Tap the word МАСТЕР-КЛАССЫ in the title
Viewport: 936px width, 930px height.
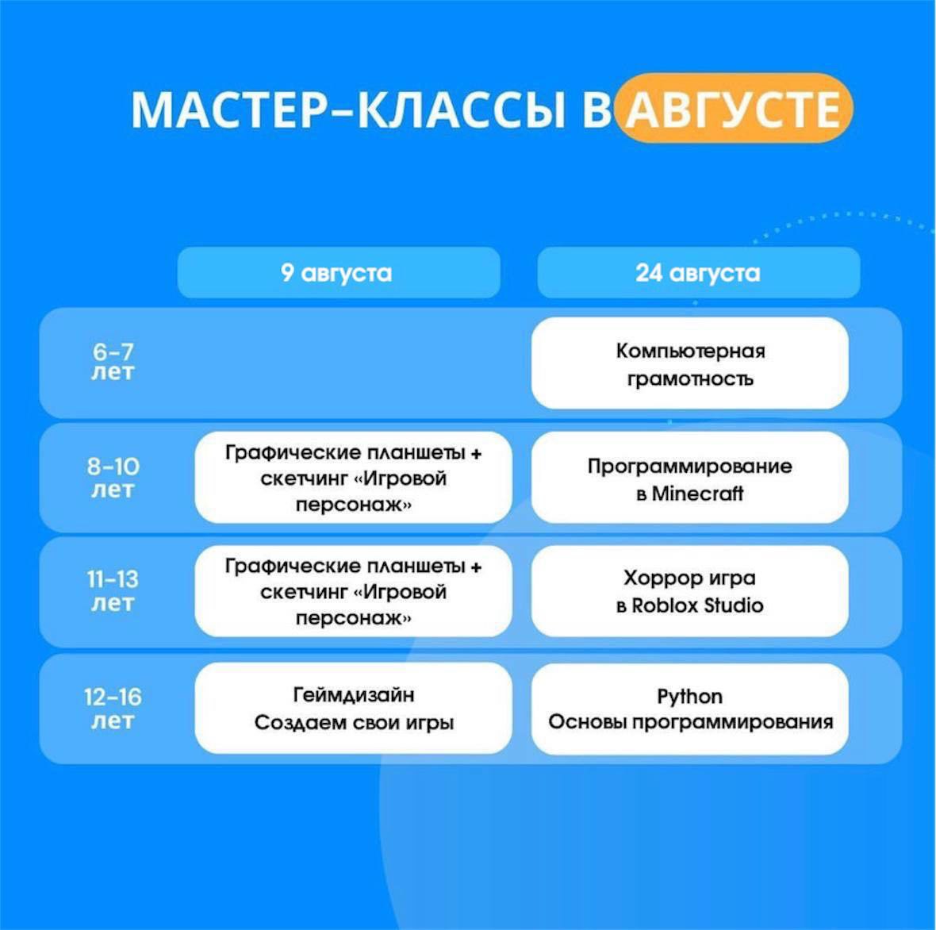click(348, 110)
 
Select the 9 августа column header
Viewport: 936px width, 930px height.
click(339, 272)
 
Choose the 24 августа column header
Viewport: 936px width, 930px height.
click(698, 272)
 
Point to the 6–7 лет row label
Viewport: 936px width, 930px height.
click(113, 362)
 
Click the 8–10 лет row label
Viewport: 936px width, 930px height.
click(113, 477)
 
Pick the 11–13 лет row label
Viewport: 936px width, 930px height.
click(113, 590)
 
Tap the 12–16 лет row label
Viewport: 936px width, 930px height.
click(113, 709)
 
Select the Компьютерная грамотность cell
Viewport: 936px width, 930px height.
click(690, 363)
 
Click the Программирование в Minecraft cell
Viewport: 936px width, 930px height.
click(690, 478)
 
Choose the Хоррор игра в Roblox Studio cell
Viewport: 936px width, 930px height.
click(690, 590)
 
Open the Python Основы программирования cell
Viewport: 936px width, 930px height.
click(690, 709)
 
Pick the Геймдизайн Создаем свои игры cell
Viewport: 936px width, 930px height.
click(354, 708)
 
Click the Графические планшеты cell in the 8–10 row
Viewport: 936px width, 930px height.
click(354, 478)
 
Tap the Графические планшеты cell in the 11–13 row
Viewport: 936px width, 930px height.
click(354, 590)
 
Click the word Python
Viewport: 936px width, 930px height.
click(690, 697)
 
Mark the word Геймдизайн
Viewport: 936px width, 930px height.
click(354, 694)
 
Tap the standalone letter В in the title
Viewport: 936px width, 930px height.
click(597, 110)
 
